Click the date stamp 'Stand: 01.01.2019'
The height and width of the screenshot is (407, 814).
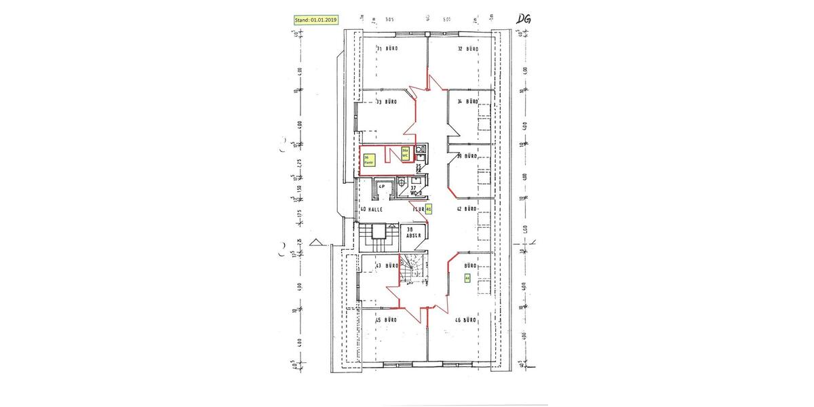click(316, 20)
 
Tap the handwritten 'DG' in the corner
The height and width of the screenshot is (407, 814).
click(523, 19)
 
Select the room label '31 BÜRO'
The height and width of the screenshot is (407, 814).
click(387, 49)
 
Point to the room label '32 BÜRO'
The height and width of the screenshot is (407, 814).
click(468, 49)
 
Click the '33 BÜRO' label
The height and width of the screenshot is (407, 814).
click(387, 102)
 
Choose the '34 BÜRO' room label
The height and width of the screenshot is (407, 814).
click(468, 102)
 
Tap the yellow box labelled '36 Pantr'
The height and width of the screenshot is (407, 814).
click(370, 160)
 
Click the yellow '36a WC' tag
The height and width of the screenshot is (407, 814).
click(405, 153)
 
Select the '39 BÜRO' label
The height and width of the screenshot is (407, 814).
click(468, 156)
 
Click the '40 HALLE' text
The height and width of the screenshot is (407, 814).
click(372, 210)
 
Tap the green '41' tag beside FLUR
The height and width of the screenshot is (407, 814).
click(428, 210)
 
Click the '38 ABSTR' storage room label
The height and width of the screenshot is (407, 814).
click(410, 232)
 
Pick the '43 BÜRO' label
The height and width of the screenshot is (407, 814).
click(387, 266)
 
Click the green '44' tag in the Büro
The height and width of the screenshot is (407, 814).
click(467, 277)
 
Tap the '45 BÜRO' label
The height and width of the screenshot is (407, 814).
click(386, 319)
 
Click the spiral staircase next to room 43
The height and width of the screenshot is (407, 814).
click(410, 270)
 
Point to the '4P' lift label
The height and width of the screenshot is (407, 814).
click(381, 186)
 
